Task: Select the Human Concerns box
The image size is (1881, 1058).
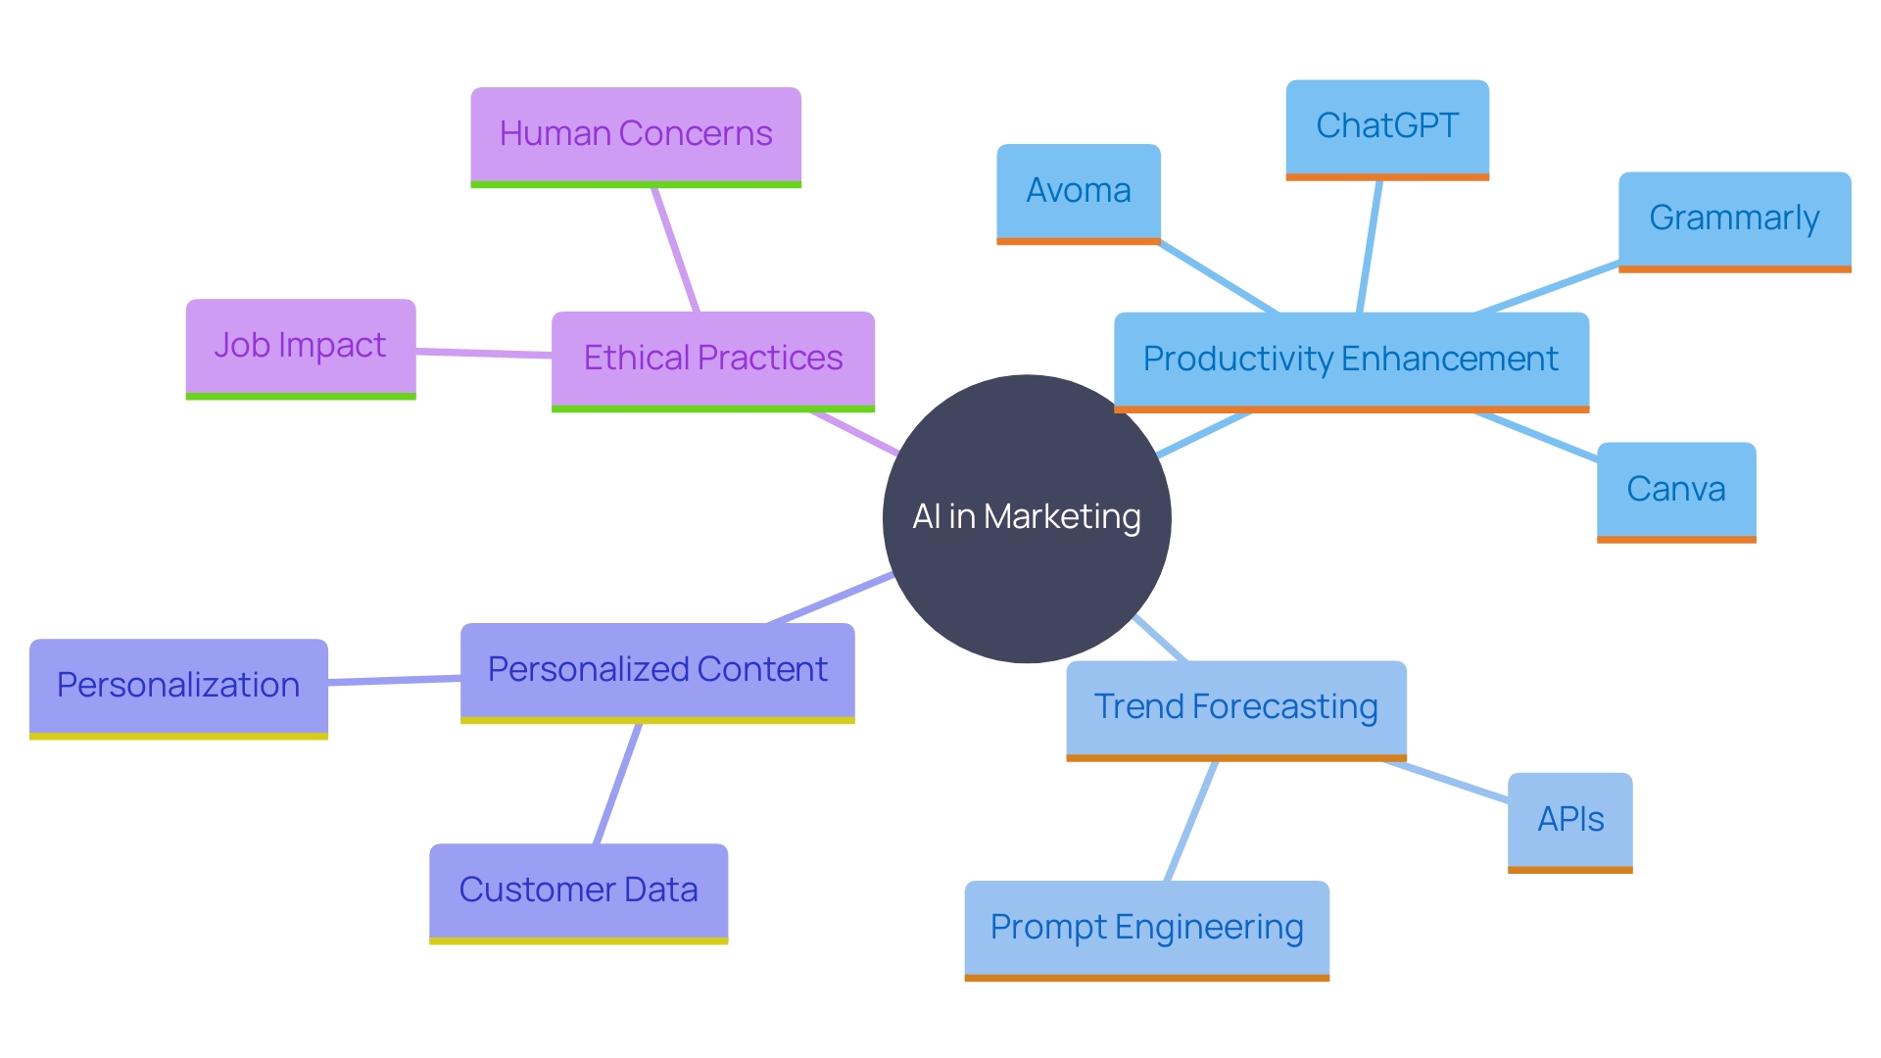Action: tap(636, 135)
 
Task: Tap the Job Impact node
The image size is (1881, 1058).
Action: tap(301, 347)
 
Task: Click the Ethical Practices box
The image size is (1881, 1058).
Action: tap(712, 359)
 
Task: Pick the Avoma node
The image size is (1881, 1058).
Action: tap(1078, 192)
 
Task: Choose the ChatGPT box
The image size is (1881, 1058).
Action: tap(1386, 127)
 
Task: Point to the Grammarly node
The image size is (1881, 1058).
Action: tap(1734, 219)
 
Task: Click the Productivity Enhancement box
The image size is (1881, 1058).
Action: tap(1351, 360)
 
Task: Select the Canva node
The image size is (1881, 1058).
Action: tap(1675, 490)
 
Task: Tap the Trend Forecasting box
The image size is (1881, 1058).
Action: tap(1235, 708)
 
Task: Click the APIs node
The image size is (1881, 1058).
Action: tap(1569, 820)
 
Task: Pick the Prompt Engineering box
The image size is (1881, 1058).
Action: tap(1146, 928)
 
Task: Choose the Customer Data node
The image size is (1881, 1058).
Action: tap(578, 890)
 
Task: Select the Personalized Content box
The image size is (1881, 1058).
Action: tap(657, 671)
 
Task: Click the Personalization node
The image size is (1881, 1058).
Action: tap(178, 686)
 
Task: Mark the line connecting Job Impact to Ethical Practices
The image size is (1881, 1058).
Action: tap(484, 353)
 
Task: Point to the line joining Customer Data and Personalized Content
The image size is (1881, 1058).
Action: tap(618, 784)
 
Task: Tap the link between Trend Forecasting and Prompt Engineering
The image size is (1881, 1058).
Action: tap(1191, 821)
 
